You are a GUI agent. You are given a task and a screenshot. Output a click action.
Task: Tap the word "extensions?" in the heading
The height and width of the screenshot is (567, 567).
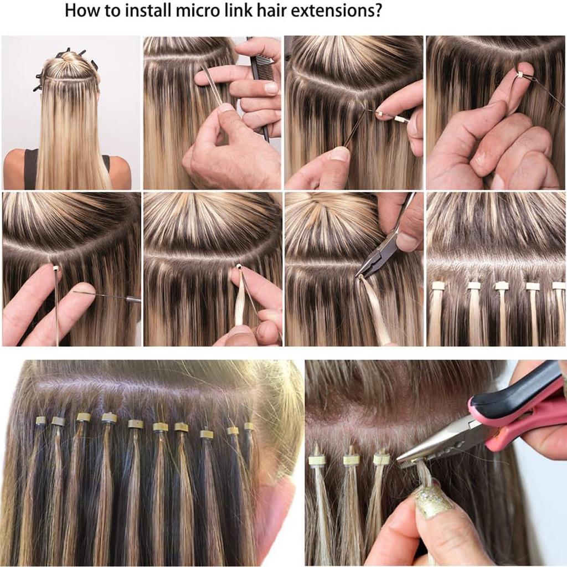[336, 11]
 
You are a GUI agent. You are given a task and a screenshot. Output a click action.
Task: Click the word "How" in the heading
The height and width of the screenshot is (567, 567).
[82, 11]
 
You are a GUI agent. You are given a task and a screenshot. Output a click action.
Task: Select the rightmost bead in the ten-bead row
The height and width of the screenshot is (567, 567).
[249, 426]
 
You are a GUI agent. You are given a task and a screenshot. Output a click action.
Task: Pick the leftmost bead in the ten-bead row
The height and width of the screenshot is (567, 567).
[40, 420]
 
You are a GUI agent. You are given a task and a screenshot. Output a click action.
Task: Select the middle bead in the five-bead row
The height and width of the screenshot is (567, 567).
[501, 286]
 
